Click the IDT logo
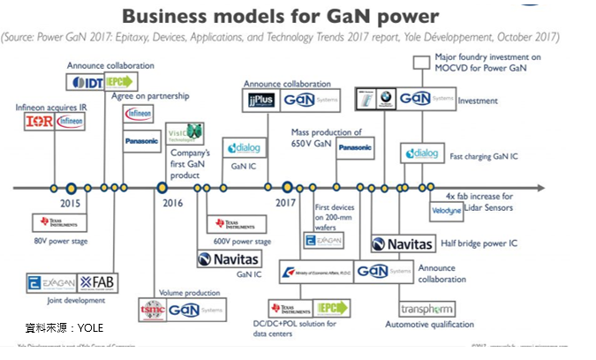[87, 82]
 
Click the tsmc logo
[152, 310]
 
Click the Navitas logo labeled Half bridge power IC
[403, 244]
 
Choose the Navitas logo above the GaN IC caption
[228, 259]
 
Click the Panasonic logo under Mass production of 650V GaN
[354, 147]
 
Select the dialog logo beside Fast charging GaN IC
[422, 154]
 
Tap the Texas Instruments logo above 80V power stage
[51, 222]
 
